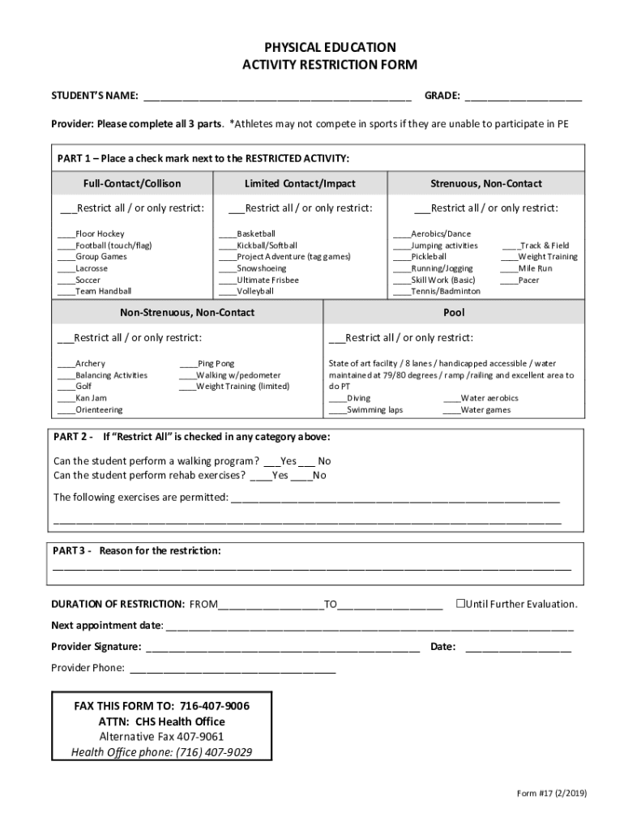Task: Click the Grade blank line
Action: [x=523, y=98]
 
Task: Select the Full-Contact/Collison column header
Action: [x=132, y=184]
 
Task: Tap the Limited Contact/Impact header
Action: [x=300, y=184]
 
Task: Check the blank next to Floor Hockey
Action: [x=66, y=234]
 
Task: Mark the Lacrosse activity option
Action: [x=66, y=268]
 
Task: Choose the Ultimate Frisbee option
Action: [x=226, y=280]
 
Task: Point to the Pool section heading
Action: [x=453, y=312]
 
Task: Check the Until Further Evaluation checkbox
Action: [x=459, y=604]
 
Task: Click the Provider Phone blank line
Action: [x=232, y=670]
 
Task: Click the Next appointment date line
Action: [x=370, y=627]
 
